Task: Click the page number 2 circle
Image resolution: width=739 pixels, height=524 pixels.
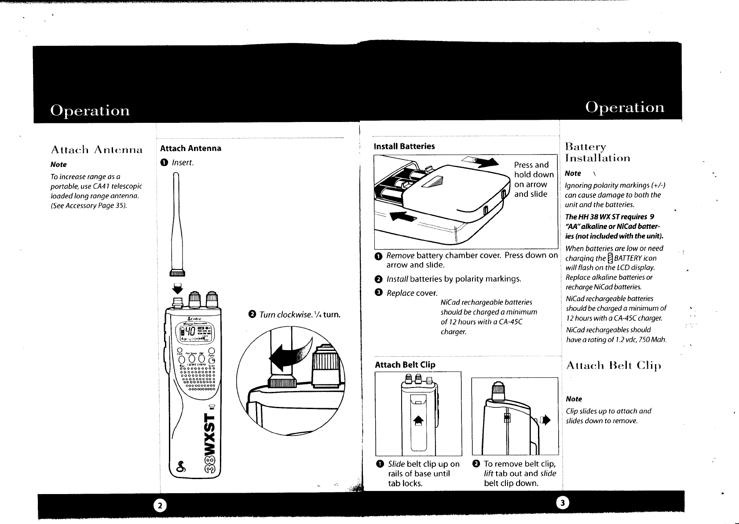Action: click(x=160, y=506)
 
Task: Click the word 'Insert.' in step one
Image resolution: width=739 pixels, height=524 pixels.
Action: click(x=183, y=162)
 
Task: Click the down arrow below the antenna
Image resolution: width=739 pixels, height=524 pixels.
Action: click(x=177, y=288)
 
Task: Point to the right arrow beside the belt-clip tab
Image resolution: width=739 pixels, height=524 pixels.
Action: click(x=547, y=421)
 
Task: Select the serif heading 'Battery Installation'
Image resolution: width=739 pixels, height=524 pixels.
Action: click(x=597, y=152)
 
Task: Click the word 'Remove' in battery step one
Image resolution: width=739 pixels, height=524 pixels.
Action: click(x=400, y=256)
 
